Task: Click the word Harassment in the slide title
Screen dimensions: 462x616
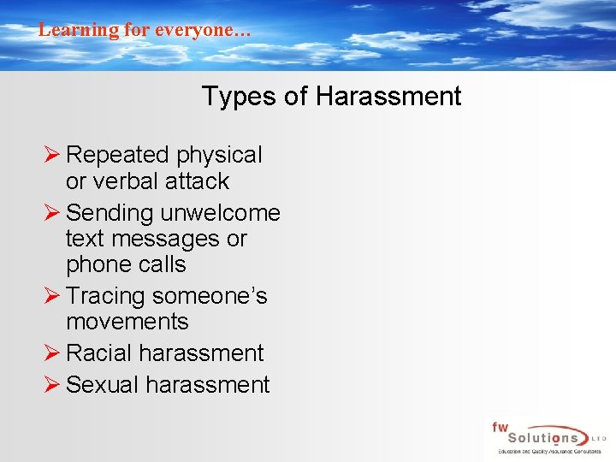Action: tap(388, 96)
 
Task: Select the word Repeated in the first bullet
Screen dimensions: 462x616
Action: tap(117, 155)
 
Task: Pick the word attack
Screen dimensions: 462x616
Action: tap(198, 181)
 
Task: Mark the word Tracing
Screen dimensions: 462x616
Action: tap(105, 296)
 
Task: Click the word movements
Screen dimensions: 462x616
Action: tap(127, 322)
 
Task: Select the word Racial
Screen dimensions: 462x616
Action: tap(98, 352)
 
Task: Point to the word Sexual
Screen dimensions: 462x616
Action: tap(102, 385)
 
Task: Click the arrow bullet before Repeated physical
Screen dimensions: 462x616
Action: tap(50, 155)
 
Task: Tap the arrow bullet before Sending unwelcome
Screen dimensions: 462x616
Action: tap(50, 212)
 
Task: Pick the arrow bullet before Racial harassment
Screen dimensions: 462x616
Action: tap(50, 352)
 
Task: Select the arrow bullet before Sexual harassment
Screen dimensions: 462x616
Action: tap(50, 385)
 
